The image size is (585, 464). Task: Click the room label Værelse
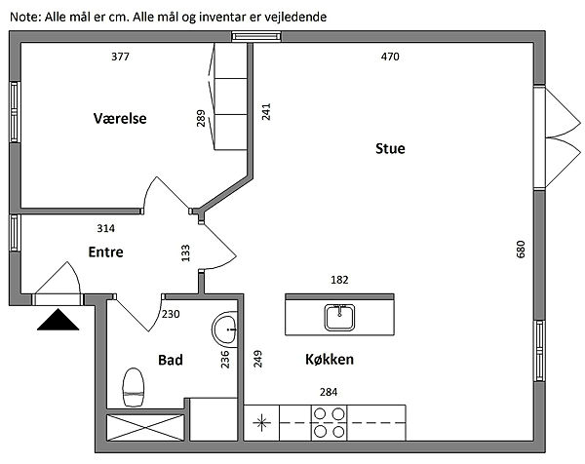point(120,119)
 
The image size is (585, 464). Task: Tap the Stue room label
point(390,149)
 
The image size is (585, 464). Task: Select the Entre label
point(105,251)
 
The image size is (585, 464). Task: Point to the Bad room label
point(171,360)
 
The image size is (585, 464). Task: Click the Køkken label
point(329,360)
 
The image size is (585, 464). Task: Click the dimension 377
point(120,57)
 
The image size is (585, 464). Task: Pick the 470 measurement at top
point(390,57)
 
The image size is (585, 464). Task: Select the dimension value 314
point(105,228)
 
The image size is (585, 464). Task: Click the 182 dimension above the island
point(339,280)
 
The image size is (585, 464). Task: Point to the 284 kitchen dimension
point(330,392)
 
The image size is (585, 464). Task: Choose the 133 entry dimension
point(185,252)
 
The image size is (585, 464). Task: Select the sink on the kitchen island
point(340,316)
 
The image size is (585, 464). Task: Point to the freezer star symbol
point(260,423)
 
